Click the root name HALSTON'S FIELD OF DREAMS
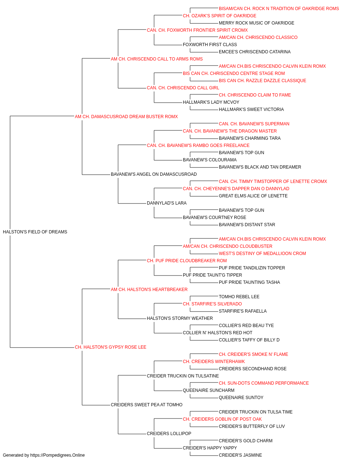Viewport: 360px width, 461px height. pos(35,232)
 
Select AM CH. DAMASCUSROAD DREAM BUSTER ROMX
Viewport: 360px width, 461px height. pos(126,117)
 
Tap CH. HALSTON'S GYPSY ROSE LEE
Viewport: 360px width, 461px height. pos(111,347)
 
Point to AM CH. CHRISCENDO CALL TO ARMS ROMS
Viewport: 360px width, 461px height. pos(157,59)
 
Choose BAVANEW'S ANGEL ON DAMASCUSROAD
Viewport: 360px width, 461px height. pos(154,174)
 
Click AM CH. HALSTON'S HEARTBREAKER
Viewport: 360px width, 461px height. pos(149,289)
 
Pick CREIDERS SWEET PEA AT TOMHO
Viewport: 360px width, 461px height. pos(147,404)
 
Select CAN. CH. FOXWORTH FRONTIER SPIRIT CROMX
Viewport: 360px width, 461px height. pos(197,30)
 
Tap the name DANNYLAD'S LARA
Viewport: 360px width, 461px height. pos(167,203)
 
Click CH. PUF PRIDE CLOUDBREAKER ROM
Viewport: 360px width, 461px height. pos(187,260)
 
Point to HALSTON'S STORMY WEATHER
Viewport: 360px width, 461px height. pos(180,318)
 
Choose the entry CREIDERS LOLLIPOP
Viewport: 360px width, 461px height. pos(169,433)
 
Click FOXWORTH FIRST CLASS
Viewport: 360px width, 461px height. pos(210,45)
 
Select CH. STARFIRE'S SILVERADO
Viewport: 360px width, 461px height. pos(212,304)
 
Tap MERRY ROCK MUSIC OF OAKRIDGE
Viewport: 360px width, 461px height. pos(257,23)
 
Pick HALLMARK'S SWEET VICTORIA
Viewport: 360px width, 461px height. pos(251,109)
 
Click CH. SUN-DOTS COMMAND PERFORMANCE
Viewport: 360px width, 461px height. pos(264,383)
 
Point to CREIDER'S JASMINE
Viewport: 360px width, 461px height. pos(240,455)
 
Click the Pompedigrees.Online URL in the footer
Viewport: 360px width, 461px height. pos(58,455)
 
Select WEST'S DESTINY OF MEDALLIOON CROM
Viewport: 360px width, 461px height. pos(262,253)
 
